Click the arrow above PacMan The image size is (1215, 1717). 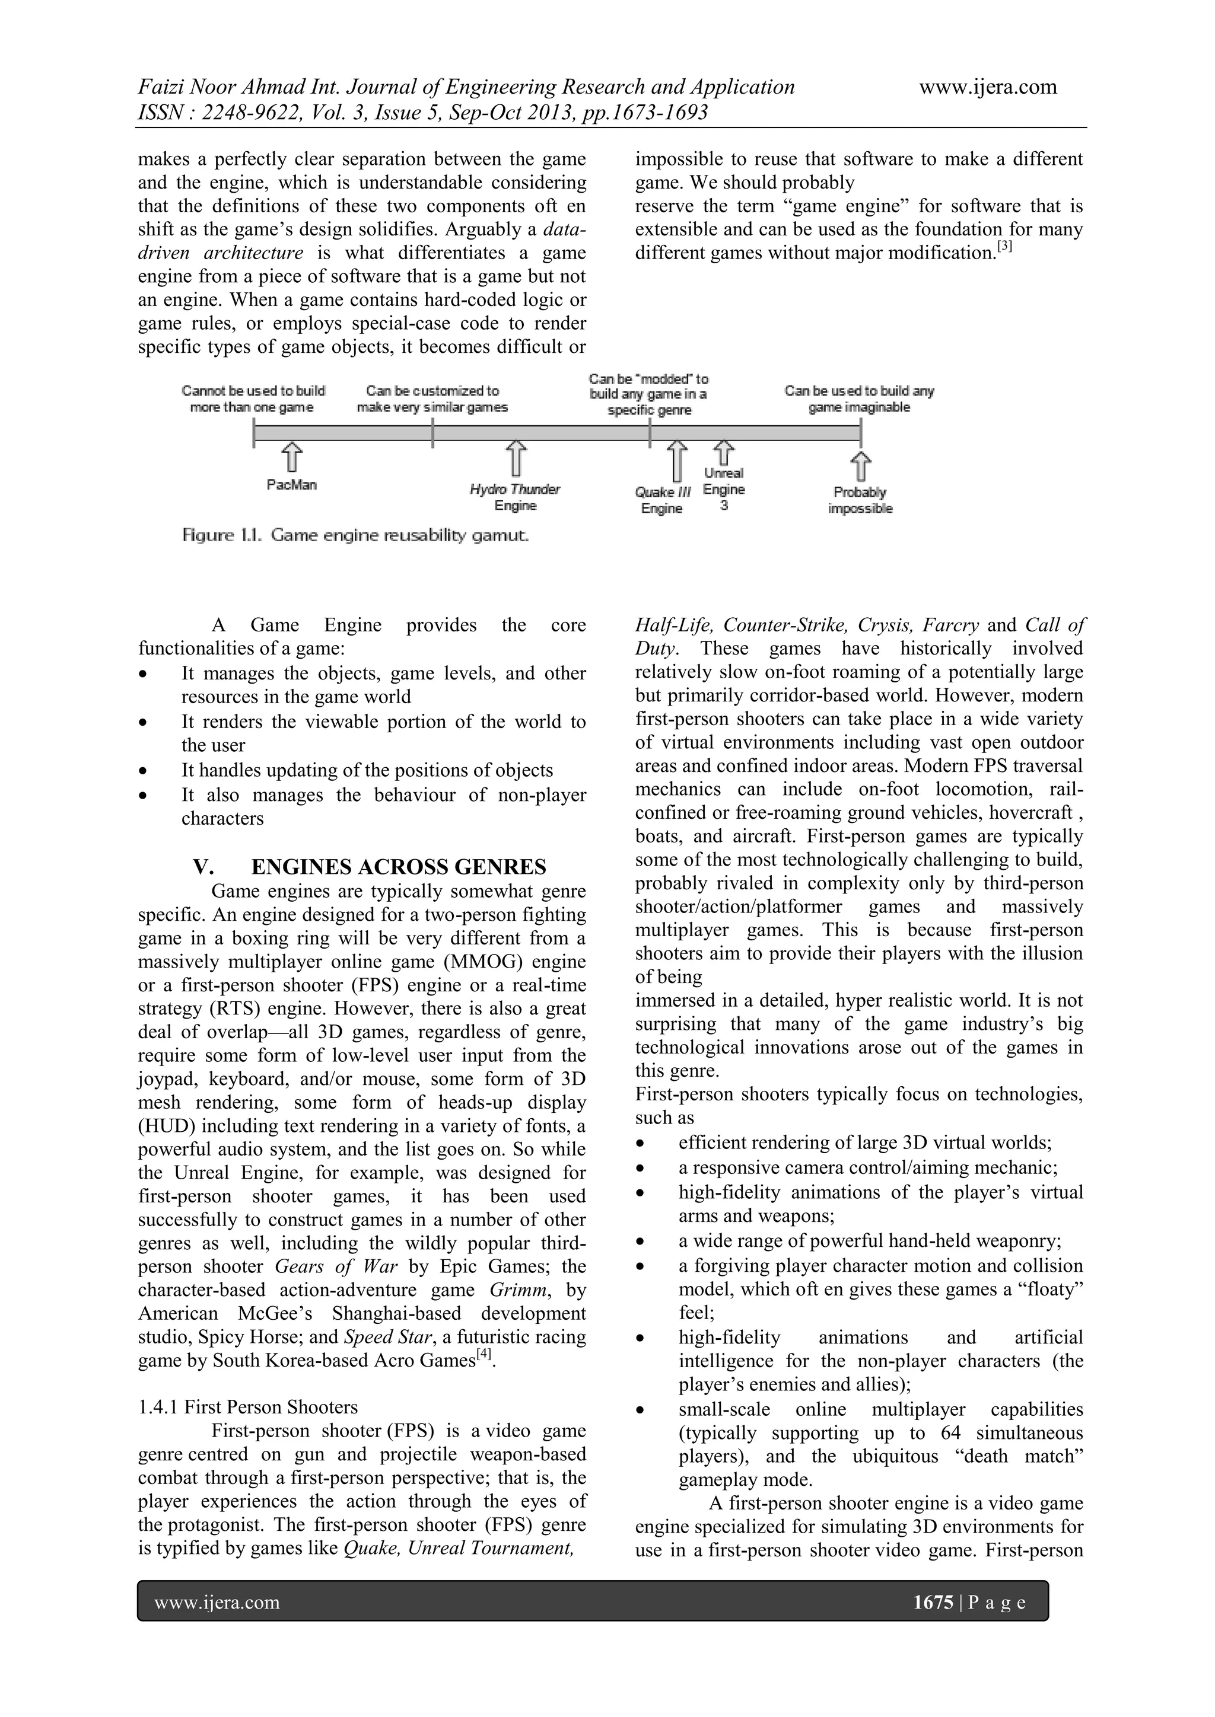(x=292, y=458)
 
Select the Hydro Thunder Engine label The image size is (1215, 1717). (x=515, y=497)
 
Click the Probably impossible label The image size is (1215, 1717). (x=860, y=500)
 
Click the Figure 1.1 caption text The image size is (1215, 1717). (x=356, y=535)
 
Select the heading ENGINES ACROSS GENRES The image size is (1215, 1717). (x=398, y=867)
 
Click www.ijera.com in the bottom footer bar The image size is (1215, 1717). (x=217, y=1602)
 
